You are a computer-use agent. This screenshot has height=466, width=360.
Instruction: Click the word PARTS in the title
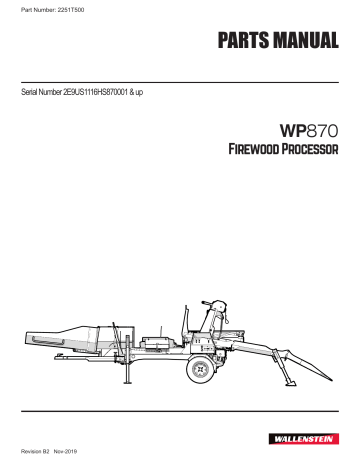[x=243, y=42]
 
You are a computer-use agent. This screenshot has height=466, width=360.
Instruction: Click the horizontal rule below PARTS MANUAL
[x=180, y=71]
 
